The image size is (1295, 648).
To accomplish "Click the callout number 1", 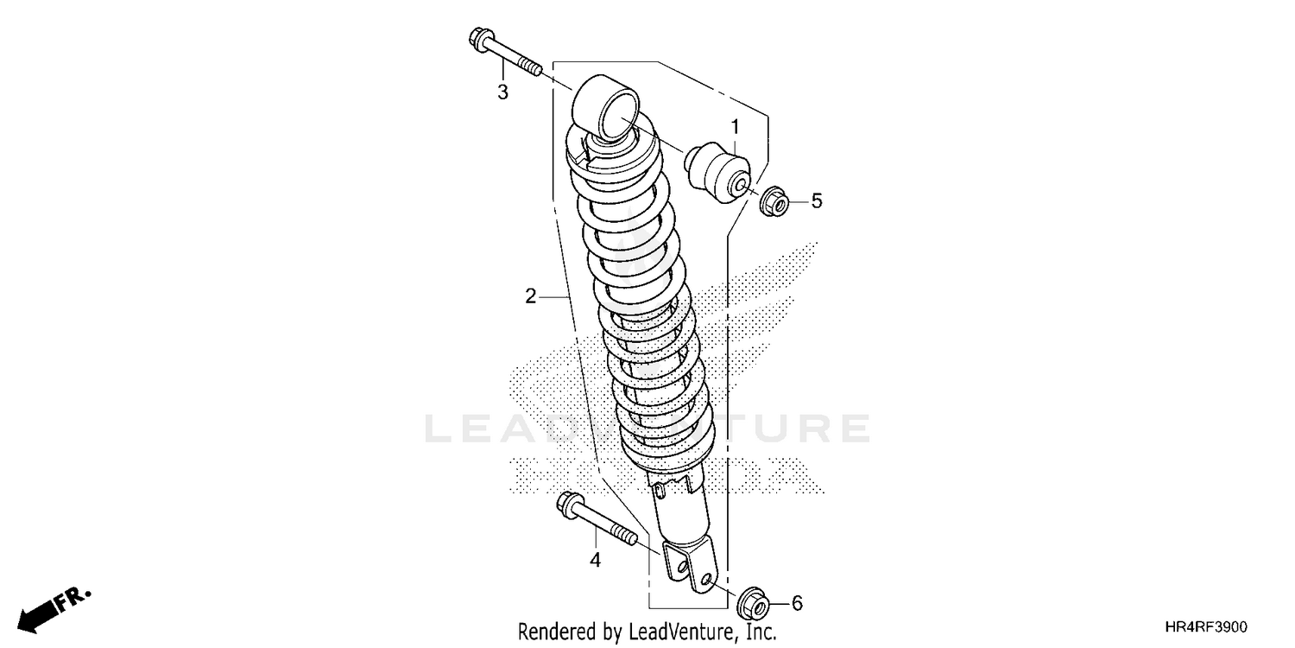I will pos(735,128).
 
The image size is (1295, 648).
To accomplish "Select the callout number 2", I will pos(531,296).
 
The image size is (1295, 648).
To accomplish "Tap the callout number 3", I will pos(502,92).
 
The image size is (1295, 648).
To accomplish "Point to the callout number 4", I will pos(595,560).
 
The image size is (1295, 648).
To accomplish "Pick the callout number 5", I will pos(816,201).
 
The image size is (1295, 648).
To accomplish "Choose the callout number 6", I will pos(796,602).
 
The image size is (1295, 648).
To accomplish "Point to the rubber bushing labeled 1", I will pos(720,173).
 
